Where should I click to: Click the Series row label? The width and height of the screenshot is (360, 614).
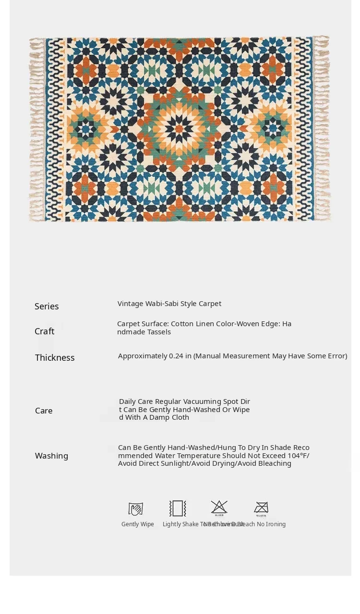pyautogui.click(x=47, y=307)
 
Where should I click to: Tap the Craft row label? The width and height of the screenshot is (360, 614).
pyautogui.click(x=44, y=331)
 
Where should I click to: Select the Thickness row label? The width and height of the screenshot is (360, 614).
pyautogui.click(x=55, y=358)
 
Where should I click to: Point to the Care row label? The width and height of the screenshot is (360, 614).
pyautogui.click(x=44, y=411)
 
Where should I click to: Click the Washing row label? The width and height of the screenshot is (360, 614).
pyautogui.click(x=51, y=456)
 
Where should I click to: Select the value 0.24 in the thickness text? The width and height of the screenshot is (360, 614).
pyautogui.click(x=176, y=356)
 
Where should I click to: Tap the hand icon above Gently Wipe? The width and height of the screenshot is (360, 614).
pyautogui.click(x=136, y=508)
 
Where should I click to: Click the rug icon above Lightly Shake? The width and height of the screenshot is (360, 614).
pyautogui.click(x=178, y=508)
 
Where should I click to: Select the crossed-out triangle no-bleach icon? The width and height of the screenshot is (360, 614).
pyautogui.click(x=219, y=507)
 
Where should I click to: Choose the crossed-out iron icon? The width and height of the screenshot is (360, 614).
pyautogui.click(x=261, y=507)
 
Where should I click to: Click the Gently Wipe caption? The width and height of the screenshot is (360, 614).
pyautogui.click(x=138, y=524)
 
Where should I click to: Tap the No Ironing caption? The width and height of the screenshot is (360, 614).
pyautogui.click(x=271, y=524)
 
